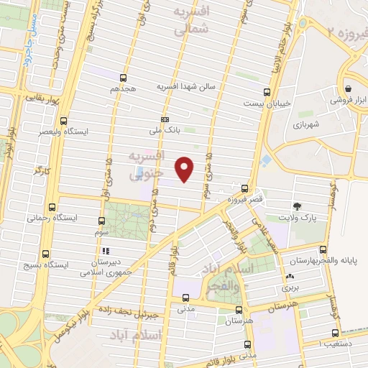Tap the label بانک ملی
(x=162, y=131)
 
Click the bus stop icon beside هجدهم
(x=124, y=78)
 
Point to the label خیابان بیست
(x=272, y=103)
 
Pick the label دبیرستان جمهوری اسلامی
(x=105, y=267)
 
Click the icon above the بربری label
(x=290, y=277)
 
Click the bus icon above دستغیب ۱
(x=335, y=333)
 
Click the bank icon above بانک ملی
(x=165, y=119)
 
